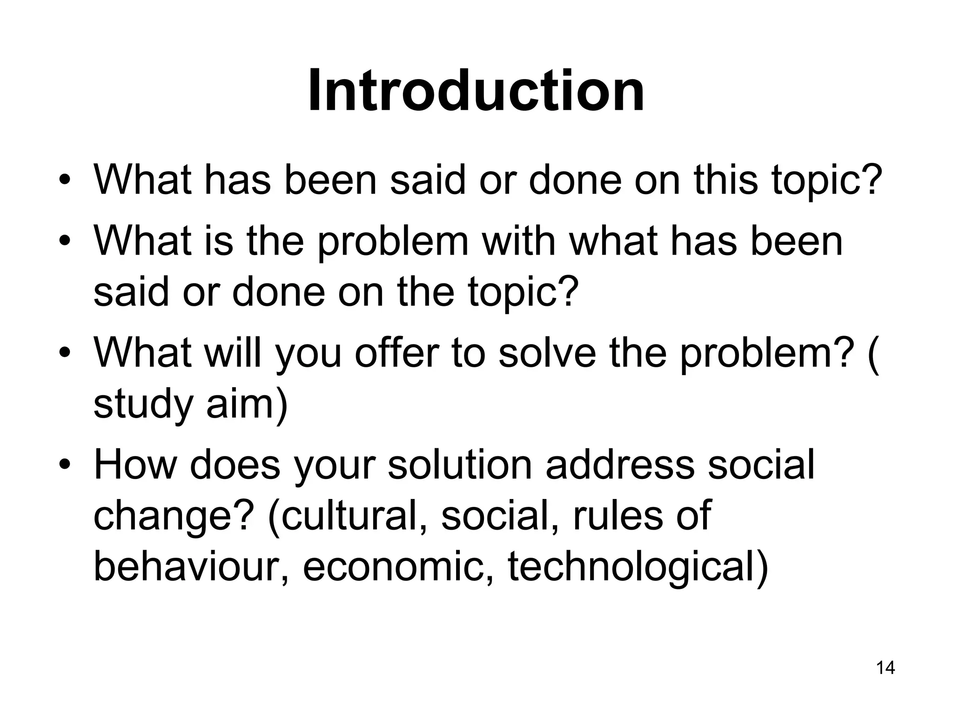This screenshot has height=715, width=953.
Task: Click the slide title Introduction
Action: pyautogui.click(x=476, y=90)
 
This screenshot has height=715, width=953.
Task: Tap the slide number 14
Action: pyautogui.click(x=886, y=668)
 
